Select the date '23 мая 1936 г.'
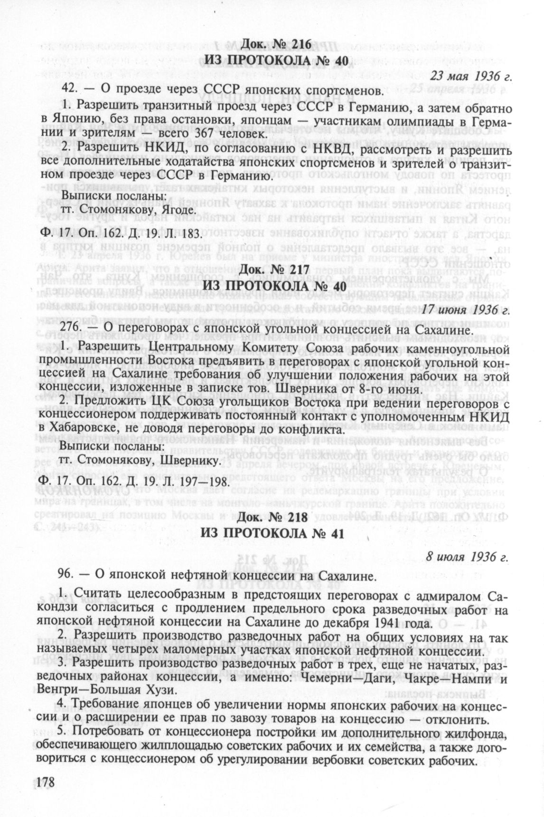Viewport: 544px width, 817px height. pos(470,74)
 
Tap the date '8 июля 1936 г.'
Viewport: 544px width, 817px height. pos(468,557)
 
